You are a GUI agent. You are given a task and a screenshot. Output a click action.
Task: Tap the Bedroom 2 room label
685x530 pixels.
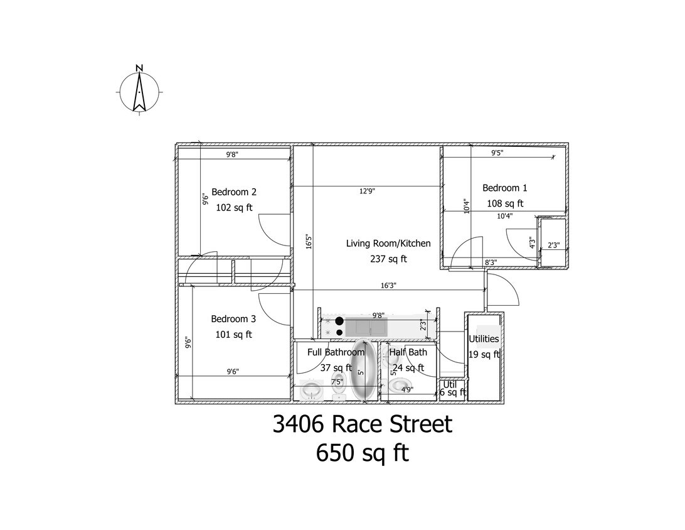[x=234, y=192]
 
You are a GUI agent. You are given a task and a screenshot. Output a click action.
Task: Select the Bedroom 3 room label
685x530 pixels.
[x=233, y=319]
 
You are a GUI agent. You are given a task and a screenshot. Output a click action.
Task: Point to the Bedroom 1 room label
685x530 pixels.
[x=504, y=188]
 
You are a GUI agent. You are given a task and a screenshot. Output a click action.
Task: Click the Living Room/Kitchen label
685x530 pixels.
[x=388, y=244]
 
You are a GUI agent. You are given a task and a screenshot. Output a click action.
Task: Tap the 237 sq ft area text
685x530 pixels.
[x=388, y=259]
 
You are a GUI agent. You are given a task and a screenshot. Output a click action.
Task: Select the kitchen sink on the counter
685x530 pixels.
[x=366, y=328]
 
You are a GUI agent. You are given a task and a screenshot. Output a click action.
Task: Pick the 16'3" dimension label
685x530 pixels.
[x=388, y=286]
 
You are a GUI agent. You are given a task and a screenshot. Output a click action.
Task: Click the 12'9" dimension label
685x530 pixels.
[x=367, y=191]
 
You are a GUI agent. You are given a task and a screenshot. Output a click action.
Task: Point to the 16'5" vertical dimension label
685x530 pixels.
[x=309, y=241]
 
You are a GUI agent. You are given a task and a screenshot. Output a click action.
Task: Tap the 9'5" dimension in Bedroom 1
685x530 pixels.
[x=497, y=153]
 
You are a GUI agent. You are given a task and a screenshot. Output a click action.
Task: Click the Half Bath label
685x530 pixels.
[x=408, y=352]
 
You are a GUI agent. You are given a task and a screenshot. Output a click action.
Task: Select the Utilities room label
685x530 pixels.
[x=484, y=339]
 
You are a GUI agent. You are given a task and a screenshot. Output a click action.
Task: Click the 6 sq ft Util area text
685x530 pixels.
[x=453, y=392]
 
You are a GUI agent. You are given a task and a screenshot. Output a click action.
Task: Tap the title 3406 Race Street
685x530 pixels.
[x=363, y=424]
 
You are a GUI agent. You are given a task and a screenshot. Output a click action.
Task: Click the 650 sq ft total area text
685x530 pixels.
[x=362, y=453]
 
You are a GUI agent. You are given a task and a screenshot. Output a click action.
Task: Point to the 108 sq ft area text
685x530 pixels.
[x=505, y=203]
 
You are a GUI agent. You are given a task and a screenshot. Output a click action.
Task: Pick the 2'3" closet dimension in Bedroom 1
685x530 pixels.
[x=553, y=246]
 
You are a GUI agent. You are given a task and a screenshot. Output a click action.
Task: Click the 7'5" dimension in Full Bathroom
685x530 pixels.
[x=337, y=382]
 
